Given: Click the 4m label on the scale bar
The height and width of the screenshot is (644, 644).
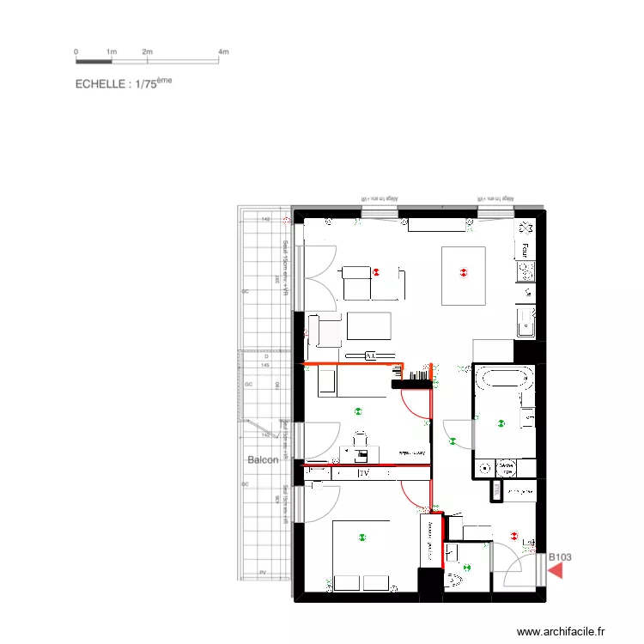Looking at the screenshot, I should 223,52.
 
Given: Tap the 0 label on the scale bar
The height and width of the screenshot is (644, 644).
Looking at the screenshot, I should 76,52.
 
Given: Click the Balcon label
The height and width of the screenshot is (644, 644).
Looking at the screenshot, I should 263,460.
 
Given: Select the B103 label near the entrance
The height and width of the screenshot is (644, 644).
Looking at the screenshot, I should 560,556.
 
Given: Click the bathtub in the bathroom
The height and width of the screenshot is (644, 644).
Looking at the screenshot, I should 504,378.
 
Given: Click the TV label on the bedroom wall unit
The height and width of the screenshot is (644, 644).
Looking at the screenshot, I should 363,472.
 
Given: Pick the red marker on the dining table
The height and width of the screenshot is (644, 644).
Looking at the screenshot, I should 464,273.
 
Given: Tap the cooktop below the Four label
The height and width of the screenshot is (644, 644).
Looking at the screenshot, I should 525,271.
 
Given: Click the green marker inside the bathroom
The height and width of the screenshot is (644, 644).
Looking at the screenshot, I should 501,422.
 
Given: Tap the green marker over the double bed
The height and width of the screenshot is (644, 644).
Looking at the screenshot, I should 362,538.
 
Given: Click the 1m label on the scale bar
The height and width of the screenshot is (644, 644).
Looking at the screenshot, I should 111,52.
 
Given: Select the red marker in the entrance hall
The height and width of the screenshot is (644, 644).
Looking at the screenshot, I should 514,536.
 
